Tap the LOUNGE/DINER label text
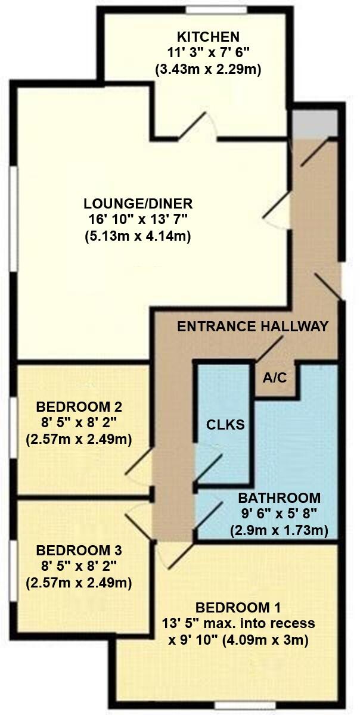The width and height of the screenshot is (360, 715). coord(138,203)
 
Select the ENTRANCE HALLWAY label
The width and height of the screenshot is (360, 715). coord(253,327)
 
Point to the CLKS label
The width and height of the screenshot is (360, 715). coord(222,425)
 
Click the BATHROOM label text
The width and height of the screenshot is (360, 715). coord(279,498)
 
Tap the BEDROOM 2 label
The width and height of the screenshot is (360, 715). coord(79,408)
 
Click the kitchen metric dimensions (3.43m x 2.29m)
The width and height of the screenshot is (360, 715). coord(209,70)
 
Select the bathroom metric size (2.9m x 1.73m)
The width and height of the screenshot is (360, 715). coord(279,530)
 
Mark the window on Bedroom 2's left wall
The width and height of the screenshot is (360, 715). coord(13,427)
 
